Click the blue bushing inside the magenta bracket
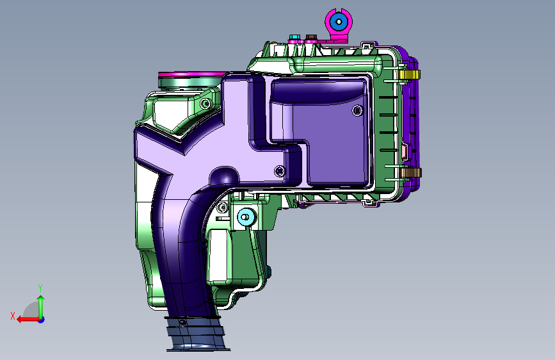(x=339, y=22)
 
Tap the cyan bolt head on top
(x=294, y=37)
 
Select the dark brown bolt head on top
(x=311, y=37)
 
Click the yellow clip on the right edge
(x=410, y=75)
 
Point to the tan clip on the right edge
(x=411, y=172)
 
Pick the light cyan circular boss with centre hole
(x=246, y=217)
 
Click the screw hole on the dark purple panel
(x=357, y=111)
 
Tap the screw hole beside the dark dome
(x=280, y=171)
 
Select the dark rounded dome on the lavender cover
(x=224, y=176)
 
